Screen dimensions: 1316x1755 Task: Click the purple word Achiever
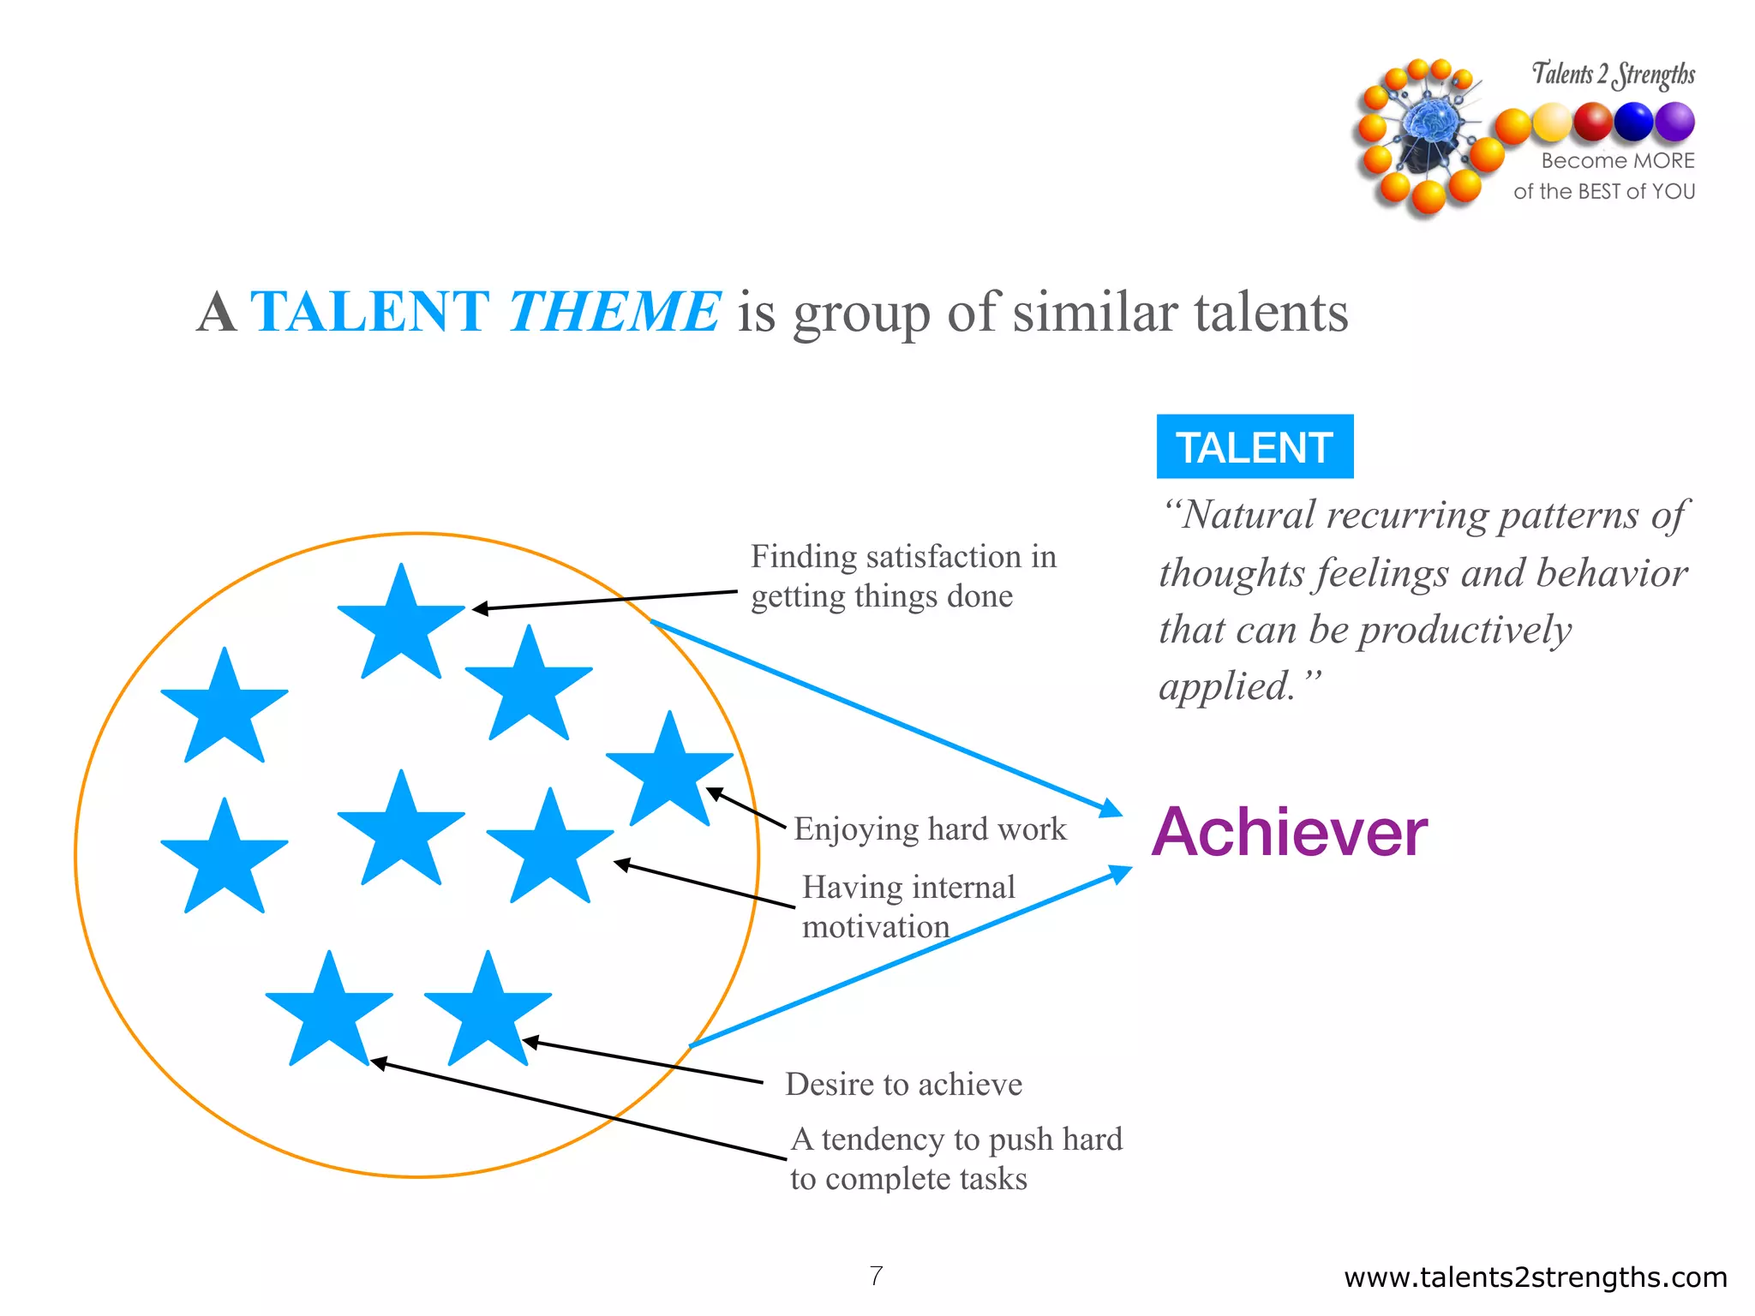[x=1289, y=832]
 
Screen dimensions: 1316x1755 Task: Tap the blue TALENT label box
[x=1255, y=446]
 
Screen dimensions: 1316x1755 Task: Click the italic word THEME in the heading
[x=614, y=311]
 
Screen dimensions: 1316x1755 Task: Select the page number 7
[x=876, y=1276]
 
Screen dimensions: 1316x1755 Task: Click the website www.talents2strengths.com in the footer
[x=1535, y=1277]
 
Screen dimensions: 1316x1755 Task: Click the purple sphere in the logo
[x=1674, y=121]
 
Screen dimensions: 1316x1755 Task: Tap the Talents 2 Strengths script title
[x=1613, y=75]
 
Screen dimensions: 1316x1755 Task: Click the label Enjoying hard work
[x=930, y=828]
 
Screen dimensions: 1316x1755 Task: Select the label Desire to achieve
[x=903, y=1084]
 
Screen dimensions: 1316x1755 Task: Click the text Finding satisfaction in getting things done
[x=903, y=576]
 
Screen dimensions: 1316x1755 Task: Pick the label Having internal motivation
[x=908, y=906]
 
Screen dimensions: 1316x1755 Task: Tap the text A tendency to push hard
[x=956, y=1140]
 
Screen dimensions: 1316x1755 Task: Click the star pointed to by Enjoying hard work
[x=669, y=771]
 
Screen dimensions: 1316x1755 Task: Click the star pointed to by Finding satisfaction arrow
[x=401, y=624]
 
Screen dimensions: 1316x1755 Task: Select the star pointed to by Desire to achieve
[x=488, y=1011]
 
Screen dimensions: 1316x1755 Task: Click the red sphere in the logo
[x=1593, y=121]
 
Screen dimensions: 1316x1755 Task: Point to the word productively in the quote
[x=1465, y=630]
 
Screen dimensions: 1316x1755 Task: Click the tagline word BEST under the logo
[x=1598, y=191]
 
